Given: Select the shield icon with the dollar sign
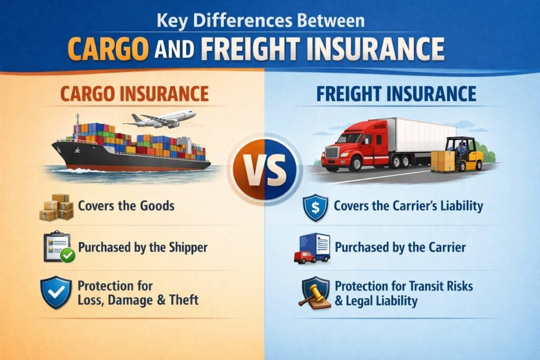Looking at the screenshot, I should (316, 207).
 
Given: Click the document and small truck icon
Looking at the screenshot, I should (312, 248).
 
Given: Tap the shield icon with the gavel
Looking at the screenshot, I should (315, 292).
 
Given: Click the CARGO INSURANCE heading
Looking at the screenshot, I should (134, 94).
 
